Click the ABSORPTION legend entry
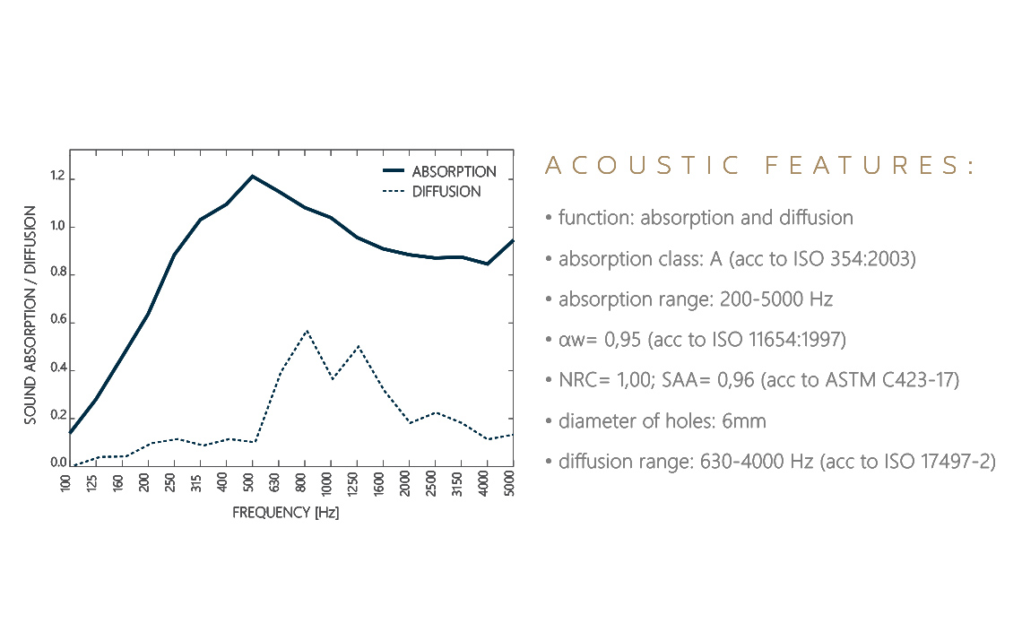point(453,171)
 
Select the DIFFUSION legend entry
point(446,192)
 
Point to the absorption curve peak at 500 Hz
point(253,176)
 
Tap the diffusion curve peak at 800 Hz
point(306,331)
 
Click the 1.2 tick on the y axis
point(57,177)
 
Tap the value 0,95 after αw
point(612,340)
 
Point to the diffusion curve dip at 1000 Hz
point(332,378)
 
